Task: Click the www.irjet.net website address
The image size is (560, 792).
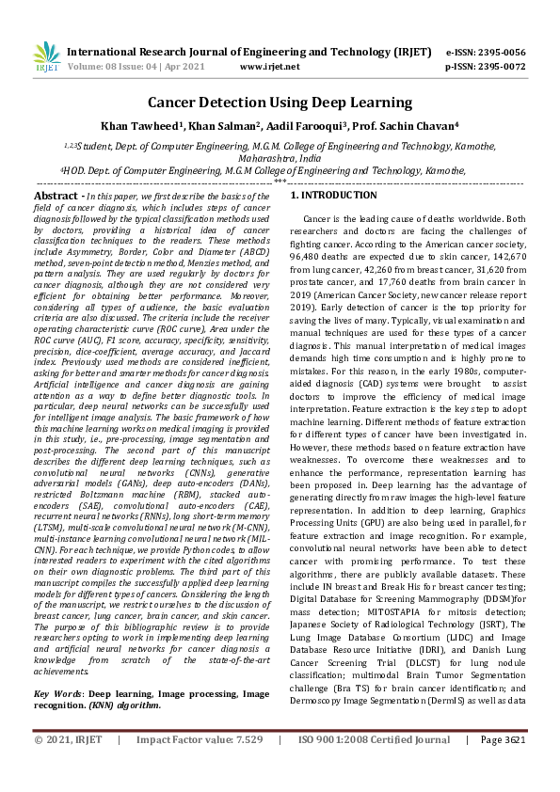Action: (269, 68)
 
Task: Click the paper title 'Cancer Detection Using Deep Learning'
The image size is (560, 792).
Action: (280, 102)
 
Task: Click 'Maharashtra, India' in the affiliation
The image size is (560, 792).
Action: (280, 159)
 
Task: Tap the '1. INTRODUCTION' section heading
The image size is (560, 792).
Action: (333, 195)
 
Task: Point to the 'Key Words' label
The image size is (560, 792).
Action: (56, 692)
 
